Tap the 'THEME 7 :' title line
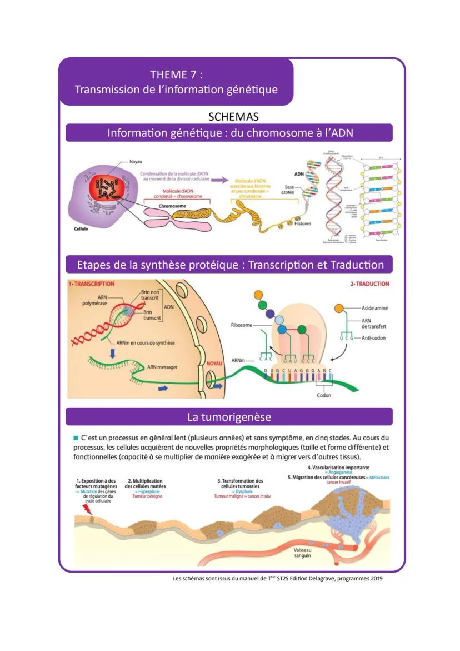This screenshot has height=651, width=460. point(176,74)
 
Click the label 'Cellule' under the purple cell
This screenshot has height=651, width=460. point(82,228)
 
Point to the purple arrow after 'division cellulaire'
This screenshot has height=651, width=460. point(220,180)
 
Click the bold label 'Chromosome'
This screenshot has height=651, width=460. point(172,205)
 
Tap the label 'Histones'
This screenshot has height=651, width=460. point(303,224)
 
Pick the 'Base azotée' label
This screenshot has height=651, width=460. point(289,190)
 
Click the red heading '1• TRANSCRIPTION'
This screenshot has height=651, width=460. point(92,284)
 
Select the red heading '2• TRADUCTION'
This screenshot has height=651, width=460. point(369,284)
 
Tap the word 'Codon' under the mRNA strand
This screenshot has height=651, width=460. point(324,395)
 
